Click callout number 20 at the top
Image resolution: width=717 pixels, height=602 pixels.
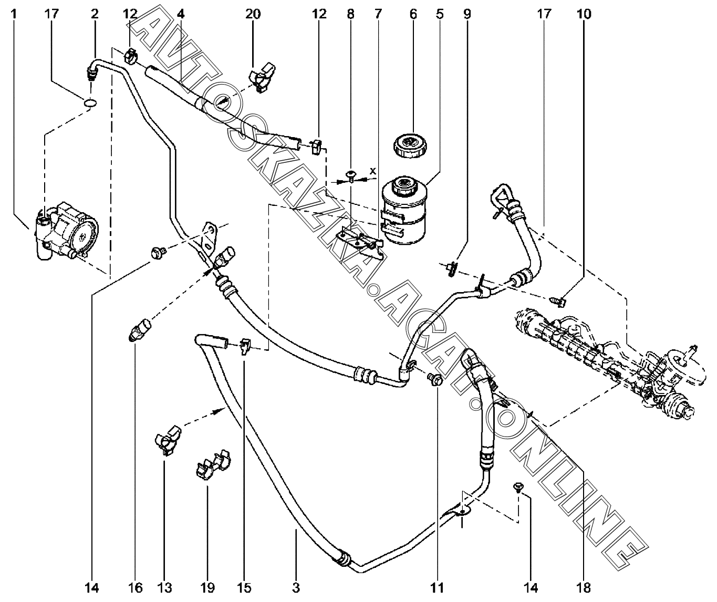click(x=253, y=14)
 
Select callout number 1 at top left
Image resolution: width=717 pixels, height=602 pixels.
click(x=14, y=14)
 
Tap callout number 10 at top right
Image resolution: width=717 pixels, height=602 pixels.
click(x=584, y=14)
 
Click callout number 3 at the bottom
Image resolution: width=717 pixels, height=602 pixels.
click(x=296, y=587)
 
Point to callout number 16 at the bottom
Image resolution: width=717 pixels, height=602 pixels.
click(x=135, y=587)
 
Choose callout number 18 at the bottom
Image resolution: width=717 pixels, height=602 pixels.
click(x=586, y=587)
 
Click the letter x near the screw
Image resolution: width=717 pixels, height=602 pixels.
click(x=373, y=171)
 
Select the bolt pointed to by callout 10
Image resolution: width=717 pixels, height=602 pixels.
click(x=557, y=301)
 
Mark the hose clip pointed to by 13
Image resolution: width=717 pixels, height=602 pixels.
click(x=168, y=440)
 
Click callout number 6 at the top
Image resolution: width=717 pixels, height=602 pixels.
click(x=413, y=14)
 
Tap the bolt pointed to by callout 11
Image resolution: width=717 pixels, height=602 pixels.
click(x=434, y=379)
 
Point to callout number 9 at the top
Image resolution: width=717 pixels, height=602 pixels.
click(x=467, y=14)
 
